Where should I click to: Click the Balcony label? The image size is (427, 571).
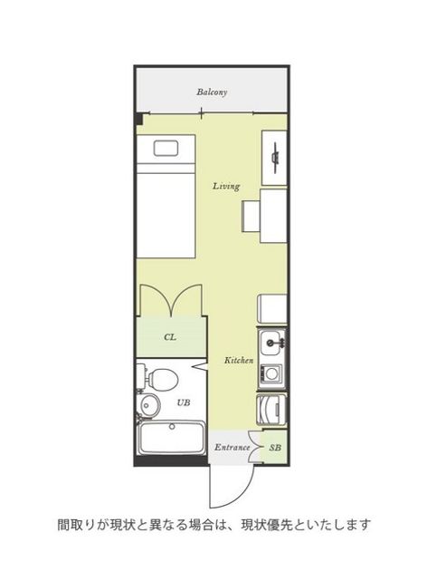[x=212, y=92]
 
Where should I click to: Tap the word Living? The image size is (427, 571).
[x=226, y=187]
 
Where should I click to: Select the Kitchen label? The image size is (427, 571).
[x=239, y=361]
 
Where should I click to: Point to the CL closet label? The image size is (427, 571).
[x=170, y=337]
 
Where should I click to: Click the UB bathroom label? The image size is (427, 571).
[x=183, y=402]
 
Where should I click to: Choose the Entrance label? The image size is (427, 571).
[x=232, y=447]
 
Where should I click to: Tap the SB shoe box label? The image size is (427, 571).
[x=275, y=448]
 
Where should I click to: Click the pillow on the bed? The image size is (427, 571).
[x=166, y=149]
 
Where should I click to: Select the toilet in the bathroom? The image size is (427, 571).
[x=158, y=379]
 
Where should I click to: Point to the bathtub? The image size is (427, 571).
[x=172, y=437]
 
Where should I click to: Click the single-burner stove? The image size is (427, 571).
[x=271, y=373]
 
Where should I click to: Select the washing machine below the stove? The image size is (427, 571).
[x=272, y=410]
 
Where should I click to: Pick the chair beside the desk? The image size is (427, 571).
[x=251, y=216]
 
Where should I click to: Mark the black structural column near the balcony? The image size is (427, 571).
[x=138, y=119]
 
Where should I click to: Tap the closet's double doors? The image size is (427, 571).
[x=171, y=300]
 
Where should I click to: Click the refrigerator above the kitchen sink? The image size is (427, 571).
[x=272, y=310]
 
